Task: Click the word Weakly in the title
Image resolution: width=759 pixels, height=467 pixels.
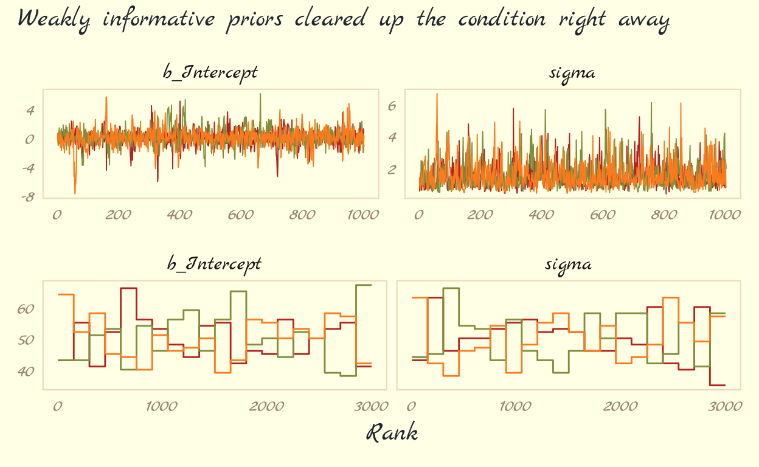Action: [55, 19]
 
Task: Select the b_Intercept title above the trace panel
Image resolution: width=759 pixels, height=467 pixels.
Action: [210, 72]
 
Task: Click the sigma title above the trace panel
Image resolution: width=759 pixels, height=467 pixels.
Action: [572, 73]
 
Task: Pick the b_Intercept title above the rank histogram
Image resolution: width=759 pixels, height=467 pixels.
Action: [214, 264]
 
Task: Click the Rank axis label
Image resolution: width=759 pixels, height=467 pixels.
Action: [392, 433]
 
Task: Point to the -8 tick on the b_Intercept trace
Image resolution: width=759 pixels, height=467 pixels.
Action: [29, 197]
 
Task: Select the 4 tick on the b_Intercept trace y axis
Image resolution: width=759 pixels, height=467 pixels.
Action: [30, 111]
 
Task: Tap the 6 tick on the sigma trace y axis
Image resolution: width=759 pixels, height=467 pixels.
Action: [392, 106]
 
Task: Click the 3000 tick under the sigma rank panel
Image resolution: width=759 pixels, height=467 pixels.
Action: [725, 406]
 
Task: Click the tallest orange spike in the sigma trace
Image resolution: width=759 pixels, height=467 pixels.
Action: [437, 94]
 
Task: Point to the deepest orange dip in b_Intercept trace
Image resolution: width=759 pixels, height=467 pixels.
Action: [75, 193]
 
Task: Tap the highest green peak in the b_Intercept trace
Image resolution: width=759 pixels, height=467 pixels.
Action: [260, 94]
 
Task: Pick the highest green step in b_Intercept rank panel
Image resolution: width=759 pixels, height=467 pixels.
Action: [363, 285]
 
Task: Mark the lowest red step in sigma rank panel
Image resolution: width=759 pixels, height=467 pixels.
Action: [717, 385]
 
